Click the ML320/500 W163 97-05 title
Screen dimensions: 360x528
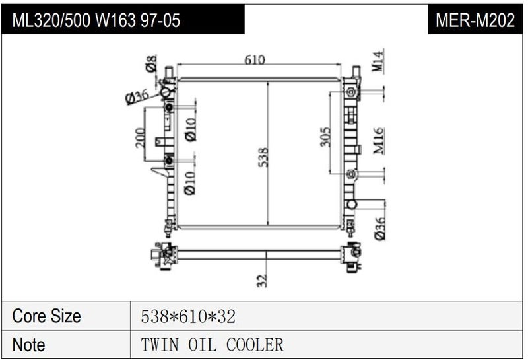[x=96, y=20]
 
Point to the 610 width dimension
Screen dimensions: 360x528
[x=254, y=60]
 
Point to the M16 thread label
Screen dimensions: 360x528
[x=378, y=141]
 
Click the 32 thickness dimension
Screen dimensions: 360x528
[x=262, y=280]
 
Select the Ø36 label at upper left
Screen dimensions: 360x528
[x=137, y=96]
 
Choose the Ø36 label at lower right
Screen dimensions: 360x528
[x=379, y=228]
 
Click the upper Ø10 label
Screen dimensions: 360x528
[x=190, y=129]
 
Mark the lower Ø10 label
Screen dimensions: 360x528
[x=190, y=182]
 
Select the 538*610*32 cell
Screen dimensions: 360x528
[x=188, y=316]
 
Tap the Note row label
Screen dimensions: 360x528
[x=29, y=345]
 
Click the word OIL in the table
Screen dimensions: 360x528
[x=202, y=345]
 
